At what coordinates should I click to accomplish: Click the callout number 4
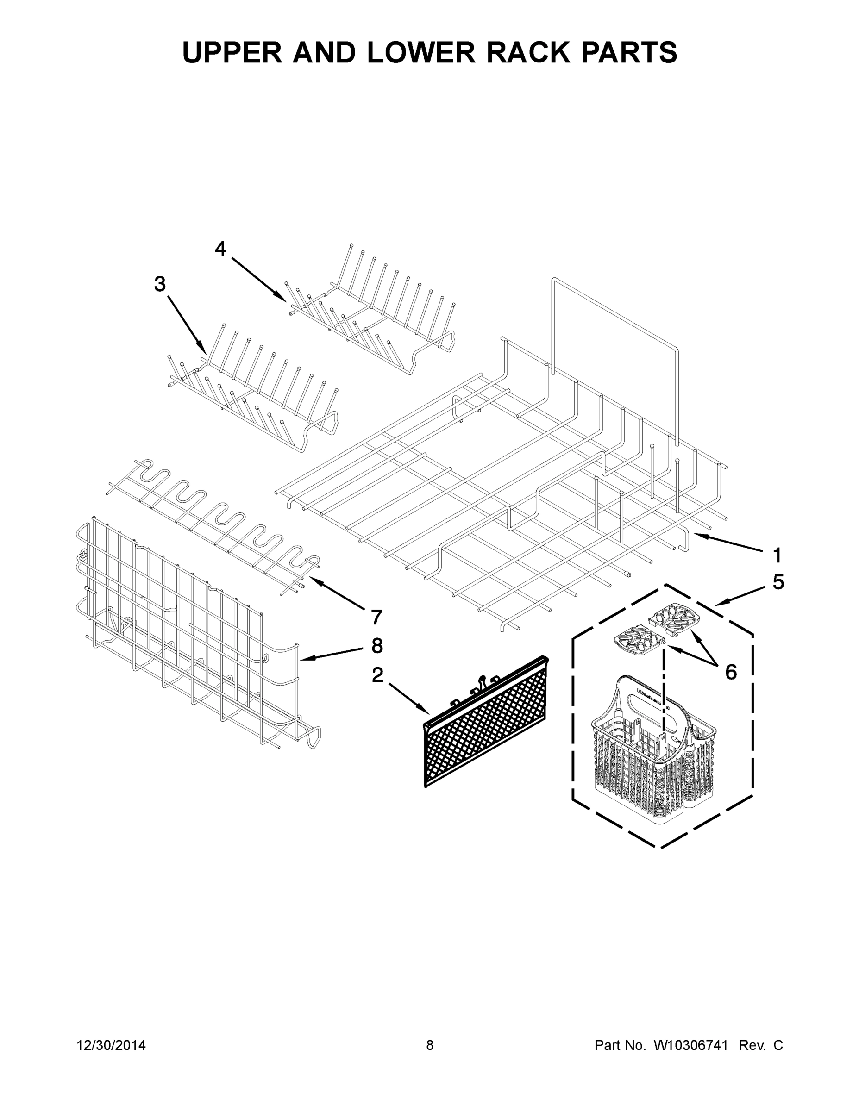click(220, 249)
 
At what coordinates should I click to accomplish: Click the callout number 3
click(160, 284)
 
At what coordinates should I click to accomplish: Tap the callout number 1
click(777, 555)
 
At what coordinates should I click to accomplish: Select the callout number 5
click(778, 582)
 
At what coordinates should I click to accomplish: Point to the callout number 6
click(731, 672)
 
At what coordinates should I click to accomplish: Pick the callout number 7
click(376, 617)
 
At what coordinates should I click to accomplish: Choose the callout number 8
click(376, 646)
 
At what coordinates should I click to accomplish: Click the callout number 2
click(377, 675)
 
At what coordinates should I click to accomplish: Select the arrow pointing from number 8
click(331, 654)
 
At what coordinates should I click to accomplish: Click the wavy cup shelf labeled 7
click(214, 524)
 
